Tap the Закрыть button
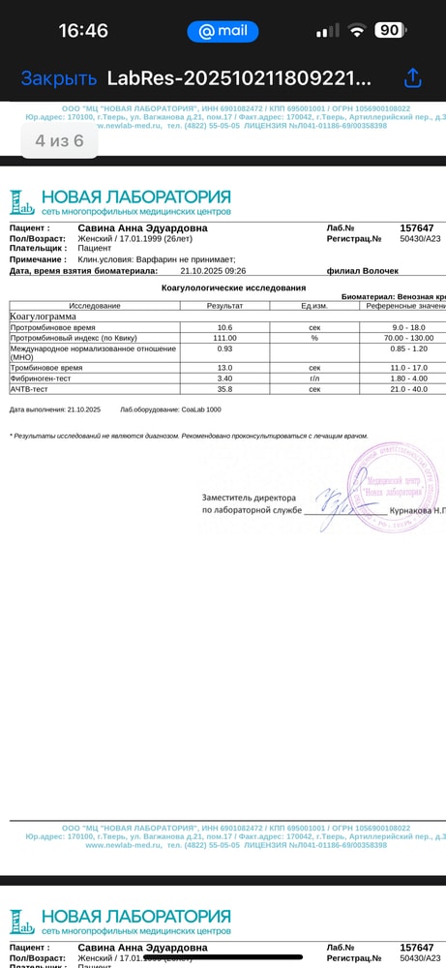tap(59, 78)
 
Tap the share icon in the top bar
tap(413, 77)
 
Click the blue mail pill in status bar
tap(223, 31)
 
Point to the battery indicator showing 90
tap(389, 31)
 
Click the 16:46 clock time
tap(83, 31)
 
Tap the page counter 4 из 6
tap(59, 140)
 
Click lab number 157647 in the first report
tap(416, 227)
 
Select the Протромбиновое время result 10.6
tap(224, 327)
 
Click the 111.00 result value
tap(224, 338)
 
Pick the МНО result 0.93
tap(224, 348)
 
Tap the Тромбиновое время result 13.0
tap(224, 368)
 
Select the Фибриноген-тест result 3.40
tap(224, 378)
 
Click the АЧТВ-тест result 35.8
tap(224, 389)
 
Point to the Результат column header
tap(224, 306)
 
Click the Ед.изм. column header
tap(314, 306)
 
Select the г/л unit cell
tap(314, 378)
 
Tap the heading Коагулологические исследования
tap(232, 287)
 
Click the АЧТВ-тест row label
tap(30, 389)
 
